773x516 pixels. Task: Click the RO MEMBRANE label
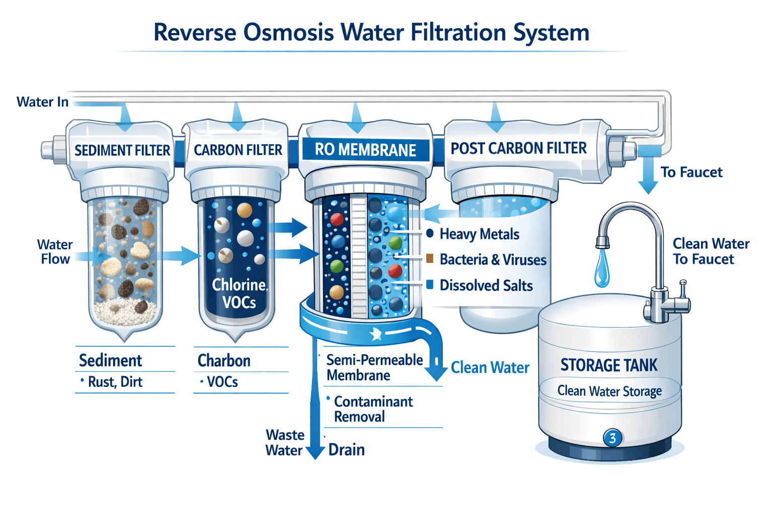(x=365, y=150)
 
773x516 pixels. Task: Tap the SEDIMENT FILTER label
(x=122, y=150)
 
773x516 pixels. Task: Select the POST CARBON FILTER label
(x=518, y=148)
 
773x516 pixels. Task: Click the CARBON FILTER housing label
(x=238, y=150)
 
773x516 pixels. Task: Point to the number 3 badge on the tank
(x=612, y=438)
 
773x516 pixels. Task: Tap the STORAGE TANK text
(x=609, y=365)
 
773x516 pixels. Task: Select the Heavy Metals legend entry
(x=479, y=234)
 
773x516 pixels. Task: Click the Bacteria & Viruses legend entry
(x=492, y=260)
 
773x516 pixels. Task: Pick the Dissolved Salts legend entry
(x=486, y=285)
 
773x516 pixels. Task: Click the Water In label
(x=42, y=102)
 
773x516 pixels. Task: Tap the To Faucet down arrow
(x=648, y=176)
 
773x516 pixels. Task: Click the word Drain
(x=346, y=449)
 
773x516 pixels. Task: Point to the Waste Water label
(x=285, y=442)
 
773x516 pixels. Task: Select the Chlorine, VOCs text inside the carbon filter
(x=240, y=293)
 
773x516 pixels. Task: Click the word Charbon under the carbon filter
(x=224, y=360)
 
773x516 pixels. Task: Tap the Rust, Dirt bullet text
(x=115, y=382)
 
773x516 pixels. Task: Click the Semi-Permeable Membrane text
(x=374, y=367)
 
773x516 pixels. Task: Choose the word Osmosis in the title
(x=288, y=32)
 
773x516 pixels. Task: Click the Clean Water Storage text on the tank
(x=609, y=391)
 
